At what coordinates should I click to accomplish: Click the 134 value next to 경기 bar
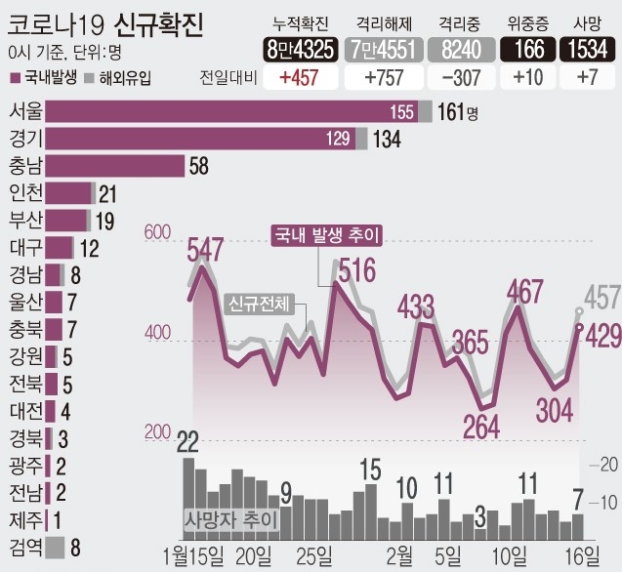tap(387, 140)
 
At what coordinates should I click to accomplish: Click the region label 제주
tap(25, 519)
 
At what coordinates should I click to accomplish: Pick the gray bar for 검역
tap(55, 547)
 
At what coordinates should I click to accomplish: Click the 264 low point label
tap(480, 426)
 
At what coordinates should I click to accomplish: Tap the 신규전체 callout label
tap(260, 304)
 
